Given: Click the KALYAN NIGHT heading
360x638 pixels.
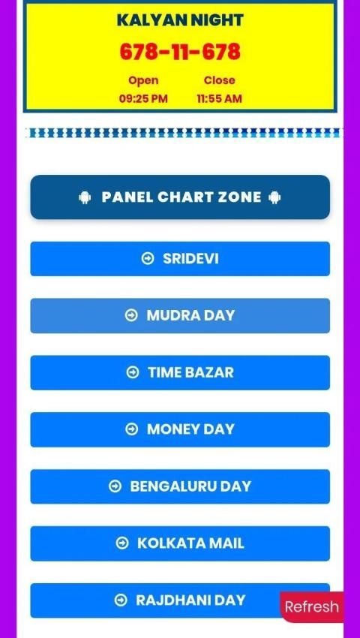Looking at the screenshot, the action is [x=180, y=20].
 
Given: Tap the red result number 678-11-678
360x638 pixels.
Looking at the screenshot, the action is [x=180, y=52].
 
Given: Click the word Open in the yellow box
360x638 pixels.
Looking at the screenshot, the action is [x=143, y=80].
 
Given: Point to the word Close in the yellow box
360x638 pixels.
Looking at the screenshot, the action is [x=219, y=80].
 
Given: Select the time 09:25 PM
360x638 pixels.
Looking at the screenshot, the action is [x=143, y=98].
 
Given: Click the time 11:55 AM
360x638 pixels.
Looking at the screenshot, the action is [x=219, y=98].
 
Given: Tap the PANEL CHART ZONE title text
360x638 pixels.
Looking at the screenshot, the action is [x=181, y=197].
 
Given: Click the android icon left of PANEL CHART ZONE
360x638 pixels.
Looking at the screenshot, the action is [x=85, y=197].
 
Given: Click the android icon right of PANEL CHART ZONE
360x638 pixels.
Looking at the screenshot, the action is [x=274, y=197].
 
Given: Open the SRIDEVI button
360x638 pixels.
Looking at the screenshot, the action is [x=180, y=259].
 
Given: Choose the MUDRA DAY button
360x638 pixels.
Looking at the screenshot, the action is [x=180, y=316].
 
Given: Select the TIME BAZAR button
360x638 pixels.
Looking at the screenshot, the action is [x=180, y=373].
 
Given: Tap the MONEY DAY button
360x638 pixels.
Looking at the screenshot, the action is [x=180, y=429].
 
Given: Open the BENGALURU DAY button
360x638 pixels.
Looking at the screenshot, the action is [x=180, y=486].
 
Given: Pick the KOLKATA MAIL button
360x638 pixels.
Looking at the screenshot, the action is [x=180, y=543].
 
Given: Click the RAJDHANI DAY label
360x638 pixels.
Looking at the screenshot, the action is [x=190, y=600].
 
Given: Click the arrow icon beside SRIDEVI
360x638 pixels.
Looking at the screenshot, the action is [x=148, y=258].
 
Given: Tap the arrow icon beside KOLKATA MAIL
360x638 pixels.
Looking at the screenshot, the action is [x=122, y=543].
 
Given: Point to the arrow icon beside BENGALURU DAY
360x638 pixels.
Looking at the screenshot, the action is [x=115, y=486].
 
